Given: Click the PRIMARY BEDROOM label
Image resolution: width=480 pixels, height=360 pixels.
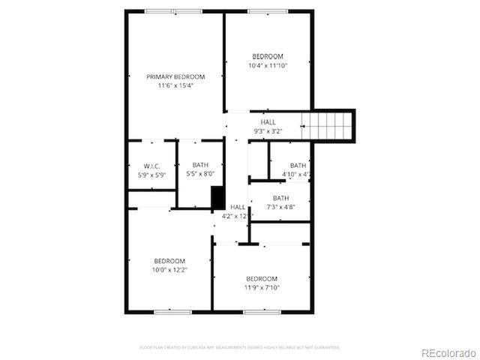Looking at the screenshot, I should pyautogui.click(x=175, y=76).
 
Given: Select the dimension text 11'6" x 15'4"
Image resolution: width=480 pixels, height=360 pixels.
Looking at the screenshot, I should pyautogui.click(x=175, y=85).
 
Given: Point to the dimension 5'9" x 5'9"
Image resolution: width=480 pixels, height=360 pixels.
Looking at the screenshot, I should pyautogui.click(x=151, y=175).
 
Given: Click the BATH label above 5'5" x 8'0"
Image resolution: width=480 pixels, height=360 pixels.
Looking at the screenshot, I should pyautogui.click(x=200, y=165).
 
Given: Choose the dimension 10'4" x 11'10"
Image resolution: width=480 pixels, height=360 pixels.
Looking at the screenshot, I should pyautogui.click(x=268, y=66).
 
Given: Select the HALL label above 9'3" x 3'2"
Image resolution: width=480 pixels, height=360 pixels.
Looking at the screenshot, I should pyautogui.click(x=268, y=122).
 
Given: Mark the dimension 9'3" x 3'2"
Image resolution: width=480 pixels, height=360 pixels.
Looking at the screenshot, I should pyautogui.click(x=268, y=131).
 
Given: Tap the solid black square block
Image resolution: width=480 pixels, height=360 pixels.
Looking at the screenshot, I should pyautogui.click(x=217, y=198).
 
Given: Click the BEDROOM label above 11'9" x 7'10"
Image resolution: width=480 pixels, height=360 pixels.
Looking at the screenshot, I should pyautogui.click(x=261, y=278).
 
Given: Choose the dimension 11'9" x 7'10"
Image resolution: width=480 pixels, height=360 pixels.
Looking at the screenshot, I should pyautogui.click(x=261, y=287).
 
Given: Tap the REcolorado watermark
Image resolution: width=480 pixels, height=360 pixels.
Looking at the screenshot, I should pyautogui.click(x=448, y=352).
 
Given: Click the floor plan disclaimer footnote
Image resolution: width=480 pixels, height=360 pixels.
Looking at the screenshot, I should pyautogui.click(x=239, y=347).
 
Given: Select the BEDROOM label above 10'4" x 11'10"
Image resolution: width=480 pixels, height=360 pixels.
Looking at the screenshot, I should pyautogui.click(x=268, y=57).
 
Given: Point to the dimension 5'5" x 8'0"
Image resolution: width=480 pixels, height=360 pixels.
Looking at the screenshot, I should pyautogui.click(x=200, y=174).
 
